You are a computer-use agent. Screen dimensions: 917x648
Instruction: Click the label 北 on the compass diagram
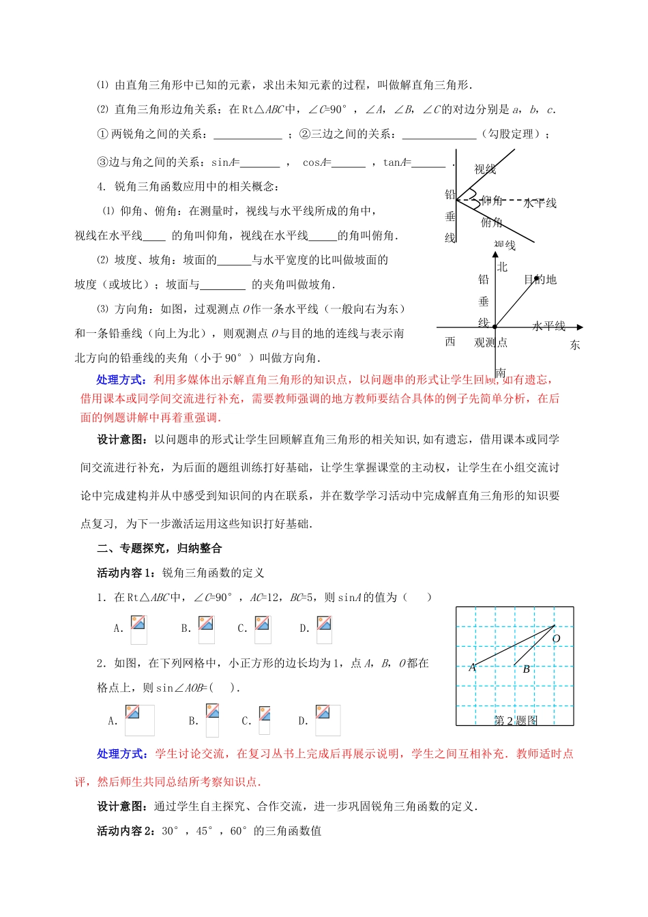[502, 267]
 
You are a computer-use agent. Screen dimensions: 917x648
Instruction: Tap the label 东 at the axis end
[575, 345]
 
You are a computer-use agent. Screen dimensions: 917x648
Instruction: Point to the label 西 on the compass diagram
[450, 341]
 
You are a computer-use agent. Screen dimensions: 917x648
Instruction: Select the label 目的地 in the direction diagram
[540, 279]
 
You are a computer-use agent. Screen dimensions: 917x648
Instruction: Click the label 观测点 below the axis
[491, 343]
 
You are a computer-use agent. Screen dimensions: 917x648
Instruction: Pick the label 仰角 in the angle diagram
[491, 201]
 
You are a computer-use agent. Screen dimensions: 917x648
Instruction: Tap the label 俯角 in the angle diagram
[491, 222]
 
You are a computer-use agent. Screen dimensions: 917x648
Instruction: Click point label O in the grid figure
[556, 639]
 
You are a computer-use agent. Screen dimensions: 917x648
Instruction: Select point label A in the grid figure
[472, 668]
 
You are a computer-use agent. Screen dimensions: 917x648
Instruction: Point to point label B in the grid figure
[526, 669]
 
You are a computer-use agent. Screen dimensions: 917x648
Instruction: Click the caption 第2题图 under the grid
[516, 720]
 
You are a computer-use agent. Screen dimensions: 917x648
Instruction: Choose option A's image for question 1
[138, 629]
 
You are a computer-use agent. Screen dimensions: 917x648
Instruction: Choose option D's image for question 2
[327, 720]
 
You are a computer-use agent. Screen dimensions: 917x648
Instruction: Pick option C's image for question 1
[262, 629]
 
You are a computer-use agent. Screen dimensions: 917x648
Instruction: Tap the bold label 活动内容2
[126, 830]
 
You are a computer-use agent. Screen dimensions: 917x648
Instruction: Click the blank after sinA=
[260, 164]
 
